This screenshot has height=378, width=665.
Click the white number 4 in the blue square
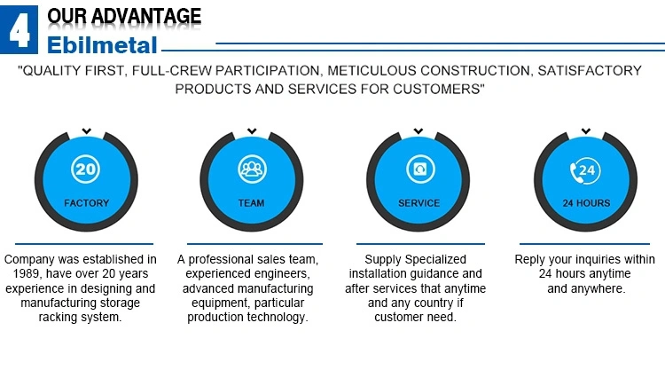20,29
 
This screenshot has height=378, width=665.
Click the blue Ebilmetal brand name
102,45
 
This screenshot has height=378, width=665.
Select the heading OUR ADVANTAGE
124,16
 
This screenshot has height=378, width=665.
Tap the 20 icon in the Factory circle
85,169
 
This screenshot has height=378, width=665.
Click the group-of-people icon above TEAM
252,169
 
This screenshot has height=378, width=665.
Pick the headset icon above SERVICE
420,169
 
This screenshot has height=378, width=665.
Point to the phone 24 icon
585,170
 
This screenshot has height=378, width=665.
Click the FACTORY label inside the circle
87,203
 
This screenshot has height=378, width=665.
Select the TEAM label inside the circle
251,203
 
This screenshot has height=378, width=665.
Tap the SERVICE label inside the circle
419,203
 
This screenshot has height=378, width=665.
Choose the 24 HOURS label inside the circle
587,203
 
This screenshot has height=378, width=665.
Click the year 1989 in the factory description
27,273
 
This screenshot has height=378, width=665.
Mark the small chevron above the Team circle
252,131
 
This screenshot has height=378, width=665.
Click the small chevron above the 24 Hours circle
586,131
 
